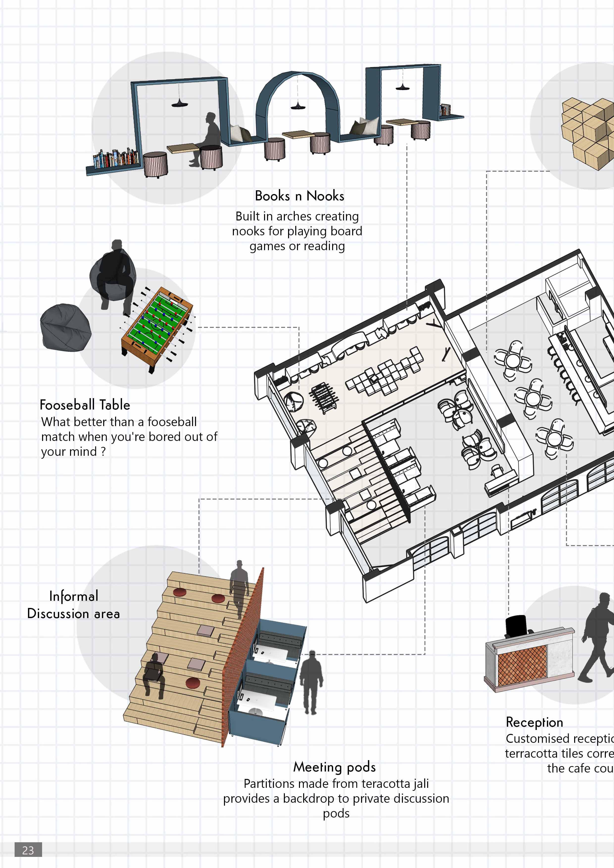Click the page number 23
(x=28, y=850)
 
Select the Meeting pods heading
(x=335, y=767)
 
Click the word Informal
(x=74, y=596)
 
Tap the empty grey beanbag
(x=65, y=327)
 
